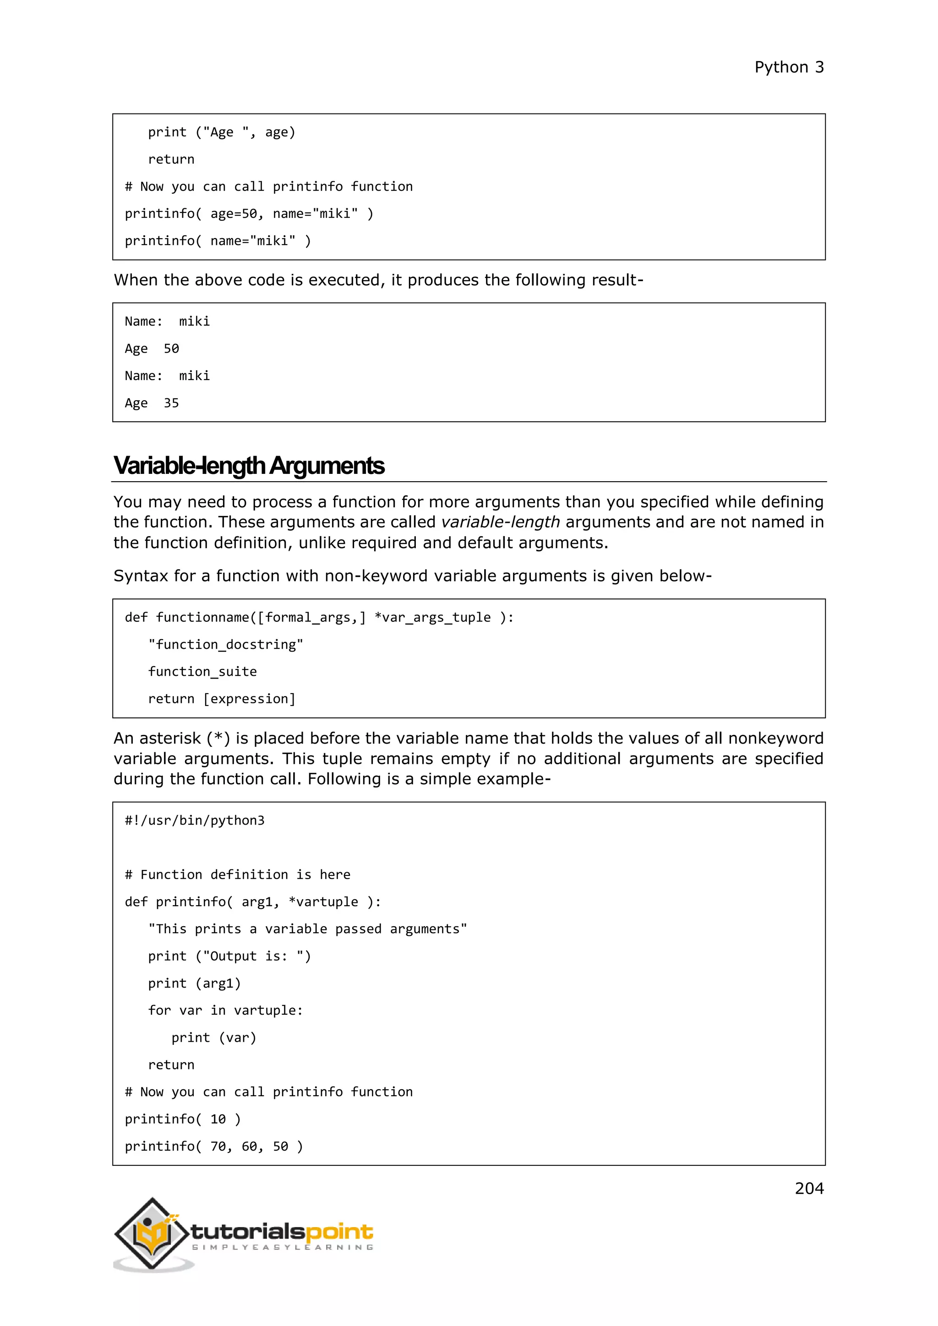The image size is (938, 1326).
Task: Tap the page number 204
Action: pyautogui.click(x=809, y=1188)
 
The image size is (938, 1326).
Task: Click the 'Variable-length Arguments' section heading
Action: pyautogui.click(x=249, y=466)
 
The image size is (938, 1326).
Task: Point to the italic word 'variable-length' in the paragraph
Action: pyautogui.click(x=500, y=522)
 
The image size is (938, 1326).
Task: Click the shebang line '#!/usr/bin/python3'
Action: pyautogui.click(x=195, y=820)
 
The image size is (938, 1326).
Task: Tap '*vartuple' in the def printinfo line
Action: pyautogui.click(x=323, y=902)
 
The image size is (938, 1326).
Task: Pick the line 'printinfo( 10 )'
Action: pyautogui.click(x=183, y=1119)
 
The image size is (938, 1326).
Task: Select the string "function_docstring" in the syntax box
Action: pyautogui.click(x=225, y=645)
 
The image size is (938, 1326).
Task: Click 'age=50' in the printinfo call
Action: pyautogui.click(x=233, y=214)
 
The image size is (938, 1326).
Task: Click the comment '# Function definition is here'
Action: pyautogui.click(x=237, y=875)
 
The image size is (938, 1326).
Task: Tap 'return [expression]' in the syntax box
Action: pyautogui.click(x=222, y=699)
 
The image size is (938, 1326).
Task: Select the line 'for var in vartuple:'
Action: pyautogui.click(x=225, y=1010)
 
